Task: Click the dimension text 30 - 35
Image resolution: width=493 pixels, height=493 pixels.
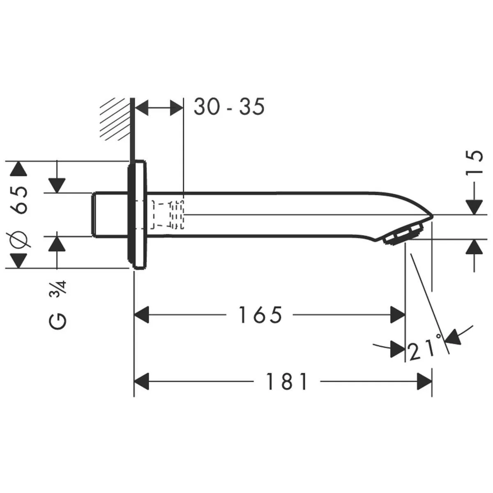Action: [229, 108]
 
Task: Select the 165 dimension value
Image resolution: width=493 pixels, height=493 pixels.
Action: [260, 316]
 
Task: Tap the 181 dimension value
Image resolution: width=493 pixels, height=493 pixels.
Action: [287, 382]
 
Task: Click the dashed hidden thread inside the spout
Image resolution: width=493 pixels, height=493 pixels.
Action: [168, 214]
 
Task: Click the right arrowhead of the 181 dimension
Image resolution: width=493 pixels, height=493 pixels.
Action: [425, 382]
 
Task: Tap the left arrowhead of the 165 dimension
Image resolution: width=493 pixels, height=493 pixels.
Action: [142, 316]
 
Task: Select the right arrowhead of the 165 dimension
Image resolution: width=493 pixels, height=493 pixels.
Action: [398, 316]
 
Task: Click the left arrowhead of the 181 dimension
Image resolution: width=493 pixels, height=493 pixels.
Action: [142, 382]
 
